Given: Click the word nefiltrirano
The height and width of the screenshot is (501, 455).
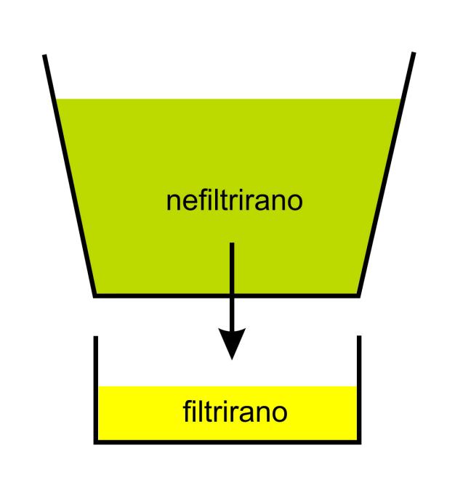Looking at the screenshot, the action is click(x=234, y=200).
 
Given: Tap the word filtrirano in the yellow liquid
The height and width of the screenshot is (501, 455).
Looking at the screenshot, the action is click(x=235, y=412).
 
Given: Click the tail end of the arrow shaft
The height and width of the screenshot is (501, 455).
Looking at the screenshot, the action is click(x=232, y=243).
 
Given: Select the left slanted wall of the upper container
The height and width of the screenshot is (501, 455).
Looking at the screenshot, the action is click(x=69, y=176).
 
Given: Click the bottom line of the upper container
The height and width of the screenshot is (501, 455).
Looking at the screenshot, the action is click(x=227, y=296).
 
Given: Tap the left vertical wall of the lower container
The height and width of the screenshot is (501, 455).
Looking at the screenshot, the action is click(x=96, y=390).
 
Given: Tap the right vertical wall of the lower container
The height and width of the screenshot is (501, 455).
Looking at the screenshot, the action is click(x=359, y=390).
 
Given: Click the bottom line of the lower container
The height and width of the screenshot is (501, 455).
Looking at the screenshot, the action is click(x=227, y=442).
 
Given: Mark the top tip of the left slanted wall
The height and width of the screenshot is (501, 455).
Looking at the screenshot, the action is click(x=44, y=55).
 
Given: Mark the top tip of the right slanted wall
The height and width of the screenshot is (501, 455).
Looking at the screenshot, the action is click(x=414, y=52).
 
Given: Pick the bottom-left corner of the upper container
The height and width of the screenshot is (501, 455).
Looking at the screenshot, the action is click(x=94, y=296).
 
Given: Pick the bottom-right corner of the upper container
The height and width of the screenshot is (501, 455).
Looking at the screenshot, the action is click(x=358, y=296).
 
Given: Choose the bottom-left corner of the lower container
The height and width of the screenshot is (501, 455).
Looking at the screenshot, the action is click(x=96, y=442).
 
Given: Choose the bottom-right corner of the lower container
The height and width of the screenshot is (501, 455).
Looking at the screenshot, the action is click(x=359, y=442).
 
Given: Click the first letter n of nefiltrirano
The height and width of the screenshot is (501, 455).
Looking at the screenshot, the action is click(x=173, y=203).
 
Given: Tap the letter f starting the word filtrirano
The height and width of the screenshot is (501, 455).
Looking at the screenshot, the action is click(x=187, y=412).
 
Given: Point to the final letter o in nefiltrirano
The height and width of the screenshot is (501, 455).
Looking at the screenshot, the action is click(x=295, y=203).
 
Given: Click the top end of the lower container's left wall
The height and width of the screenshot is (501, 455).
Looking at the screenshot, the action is click(x=96, y=336).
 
